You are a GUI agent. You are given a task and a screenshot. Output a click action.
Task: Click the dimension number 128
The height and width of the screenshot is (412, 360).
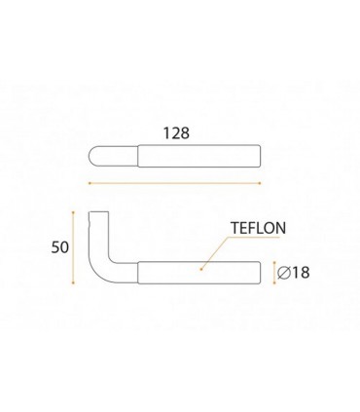[x=176, y=133]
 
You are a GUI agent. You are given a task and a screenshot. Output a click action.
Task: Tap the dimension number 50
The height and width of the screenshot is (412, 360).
[x=60, y=247]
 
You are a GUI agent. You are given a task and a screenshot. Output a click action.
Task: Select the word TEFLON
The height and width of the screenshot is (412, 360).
[x=258, y=228]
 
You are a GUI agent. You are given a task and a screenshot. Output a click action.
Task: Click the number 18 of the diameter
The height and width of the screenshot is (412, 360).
[x=301, y=273]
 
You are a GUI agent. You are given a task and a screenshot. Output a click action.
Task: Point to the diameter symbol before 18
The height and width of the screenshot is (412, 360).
[x=284, y=273]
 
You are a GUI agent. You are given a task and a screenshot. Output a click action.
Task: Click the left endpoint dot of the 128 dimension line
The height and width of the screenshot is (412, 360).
[x=90, y=183]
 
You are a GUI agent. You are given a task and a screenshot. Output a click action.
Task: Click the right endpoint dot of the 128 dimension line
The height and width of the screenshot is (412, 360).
[x=260, y=183]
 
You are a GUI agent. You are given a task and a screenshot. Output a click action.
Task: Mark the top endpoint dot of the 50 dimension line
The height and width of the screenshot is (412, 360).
[x=73, y=212]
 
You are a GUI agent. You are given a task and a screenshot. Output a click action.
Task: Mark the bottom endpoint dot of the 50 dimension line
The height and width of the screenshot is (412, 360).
[x=73, y=283]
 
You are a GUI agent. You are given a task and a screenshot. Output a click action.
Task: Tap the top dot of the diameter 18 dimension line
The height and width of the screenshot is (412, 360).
[x=274, y=262]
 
